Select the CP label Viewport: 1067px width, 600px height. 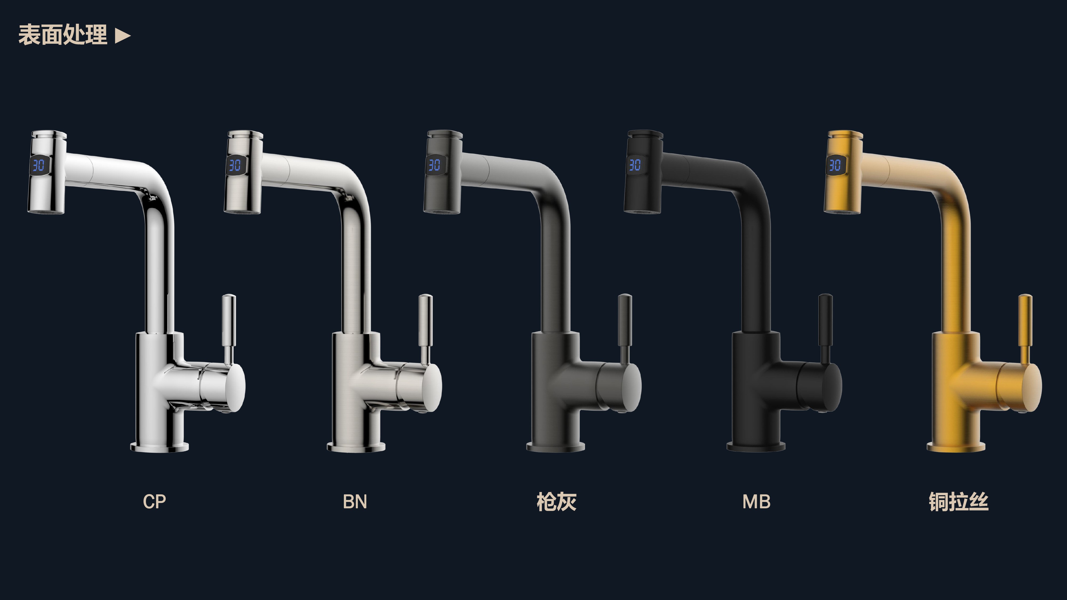click(x=154, y=501)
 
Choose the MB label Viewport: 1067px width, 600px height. click(x=756, y=501)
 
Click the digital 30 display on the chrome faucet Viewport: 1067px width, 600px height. click(x=38, y=165)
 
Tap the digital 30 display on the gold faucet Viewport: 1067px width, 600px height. click(x=835, y=165)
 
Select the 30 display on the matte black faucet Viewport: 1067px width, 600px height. click(x=635, y=165)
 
